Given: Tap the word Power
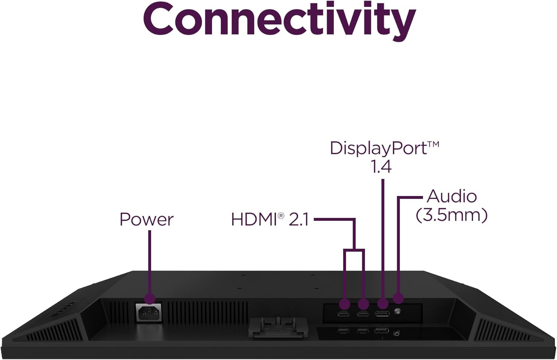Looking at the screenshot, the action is pos(146,219).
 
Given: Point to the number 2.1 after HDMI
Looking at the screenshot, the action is pos(299,219).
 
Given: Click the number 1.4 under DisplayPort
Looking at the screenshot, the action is pos(381,166).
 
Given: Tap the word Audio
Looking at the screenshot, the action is pos(452,196).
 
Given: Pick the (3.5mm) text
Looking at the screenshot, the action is pos(452,215).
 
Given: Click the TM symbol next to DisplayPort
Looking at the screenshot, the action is pos(433,144).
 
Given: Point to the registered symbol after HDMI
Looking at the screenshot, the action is pos(280,215).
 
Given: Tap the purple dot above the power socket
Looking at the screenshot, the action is pos(149,298).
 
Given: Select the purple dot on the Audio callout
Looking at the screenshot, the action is pos(398,298).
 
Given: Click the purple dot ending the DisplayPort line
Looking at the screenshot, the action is pos(383,304).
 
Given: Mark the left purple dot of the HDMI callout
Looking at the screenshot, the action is pos(345,304).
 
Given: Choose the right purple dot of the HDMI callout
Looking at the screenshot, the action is pos(364,304).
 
